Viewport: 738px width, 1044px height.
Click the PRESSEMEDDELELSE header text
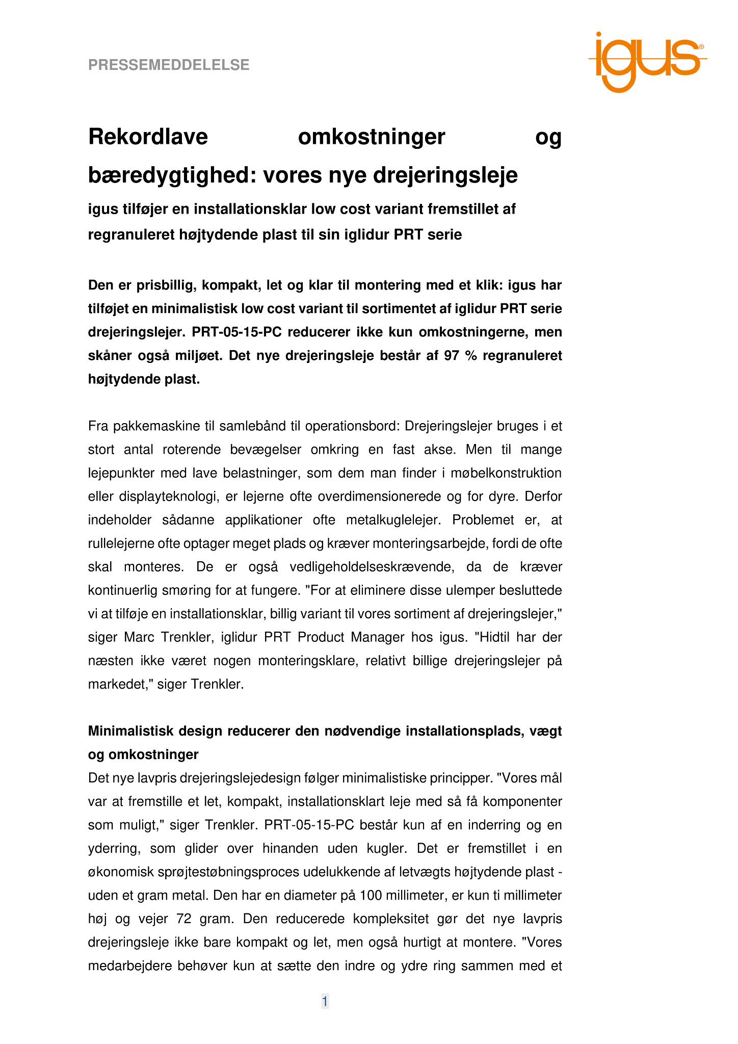(169, 65)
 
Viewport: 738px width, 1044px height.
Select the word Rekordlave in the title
(148, 137)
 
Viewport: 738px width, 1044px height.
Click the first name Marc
(141, 637)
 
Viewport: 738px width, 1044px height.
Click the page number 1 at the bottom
(325, 1002)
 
